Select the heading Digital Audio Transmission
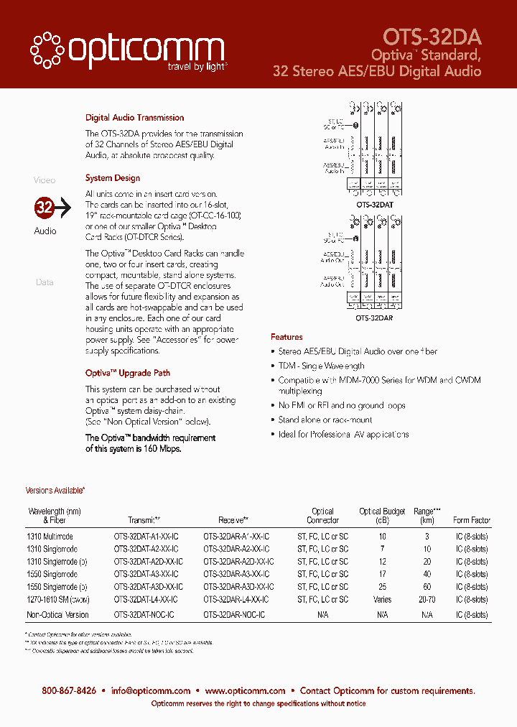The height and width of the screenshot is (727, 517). click(x=134, y=118)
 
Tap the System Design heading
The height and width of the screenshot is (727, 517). click(x=112, y=178)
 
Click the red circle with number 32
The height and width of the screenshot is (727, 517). click(x=45, y=208)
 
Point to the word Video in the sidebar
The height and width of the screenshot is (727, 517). click(x=45, y=180)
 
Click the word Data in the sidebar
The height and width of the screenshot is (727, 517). click(x=45, y=282)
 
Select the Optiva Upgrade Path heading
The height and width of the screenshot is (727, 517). click(x=127, y=374)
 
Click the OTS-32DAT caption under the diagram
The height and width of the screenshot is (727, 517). click(x=374, y=205)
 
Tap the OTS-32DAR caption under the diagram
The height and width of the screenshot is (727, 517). click(x=374, y=317)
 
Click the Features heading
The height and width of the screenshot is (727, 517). click(x=287, y=337)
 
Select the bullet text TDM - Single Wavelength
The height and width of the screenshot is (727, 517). click(x=321, y=366)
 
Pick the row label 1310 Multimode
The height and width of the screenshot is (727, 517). click(x=50, y=537)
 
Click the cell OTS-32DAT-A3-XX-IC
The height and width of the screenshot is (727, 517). click(x=146, y=575)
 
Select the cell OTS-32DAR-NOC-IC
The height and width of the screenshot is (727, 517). click(x=234, y=615)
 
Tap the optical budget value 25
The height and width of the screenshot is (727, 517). click(x=382, y=587)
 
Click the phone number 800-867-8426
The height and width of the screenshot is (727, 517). click(x=69, y=691)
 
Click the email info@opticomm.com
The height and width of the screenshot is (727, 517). click(x=151, y=691)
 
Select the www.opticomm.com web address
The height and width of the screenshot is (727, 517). click(x=245, y=691)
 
